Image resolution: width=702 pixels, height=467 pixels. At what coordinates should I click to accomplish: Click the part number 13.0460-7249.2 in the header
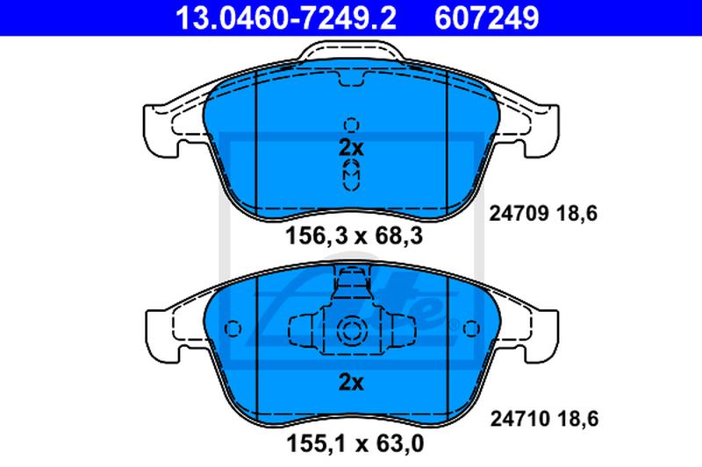(x=286, y=18)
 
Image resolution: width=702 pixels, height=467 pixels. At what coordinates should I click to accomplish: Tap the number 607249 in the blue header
(x=487, y=18)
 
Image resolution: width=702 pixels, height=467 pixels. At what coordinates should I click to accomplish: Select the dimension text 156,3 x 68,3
(x=354, y=236)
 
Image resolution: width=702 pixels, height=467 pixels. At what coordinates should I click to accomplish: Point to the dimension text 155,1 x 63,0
(x=355, y=443)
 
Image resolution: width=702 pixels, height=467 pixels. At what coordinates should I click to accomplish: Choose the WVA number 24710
(x=519, y=419)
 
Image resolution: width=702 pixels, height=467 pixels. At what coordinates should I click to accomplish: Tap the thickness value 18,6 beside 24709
(x=577, y=214)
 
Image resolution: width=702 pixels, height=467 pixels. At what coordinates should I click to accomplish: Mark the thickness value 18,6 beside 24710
(x=578, y=419)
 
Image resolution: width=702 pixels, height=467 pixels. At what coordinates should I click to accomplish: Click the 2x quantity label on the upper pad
(x=352, y=148)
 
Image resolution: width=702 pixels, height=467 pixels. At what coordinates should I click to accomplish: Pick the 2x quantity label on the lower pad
(x=352, y=382)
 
